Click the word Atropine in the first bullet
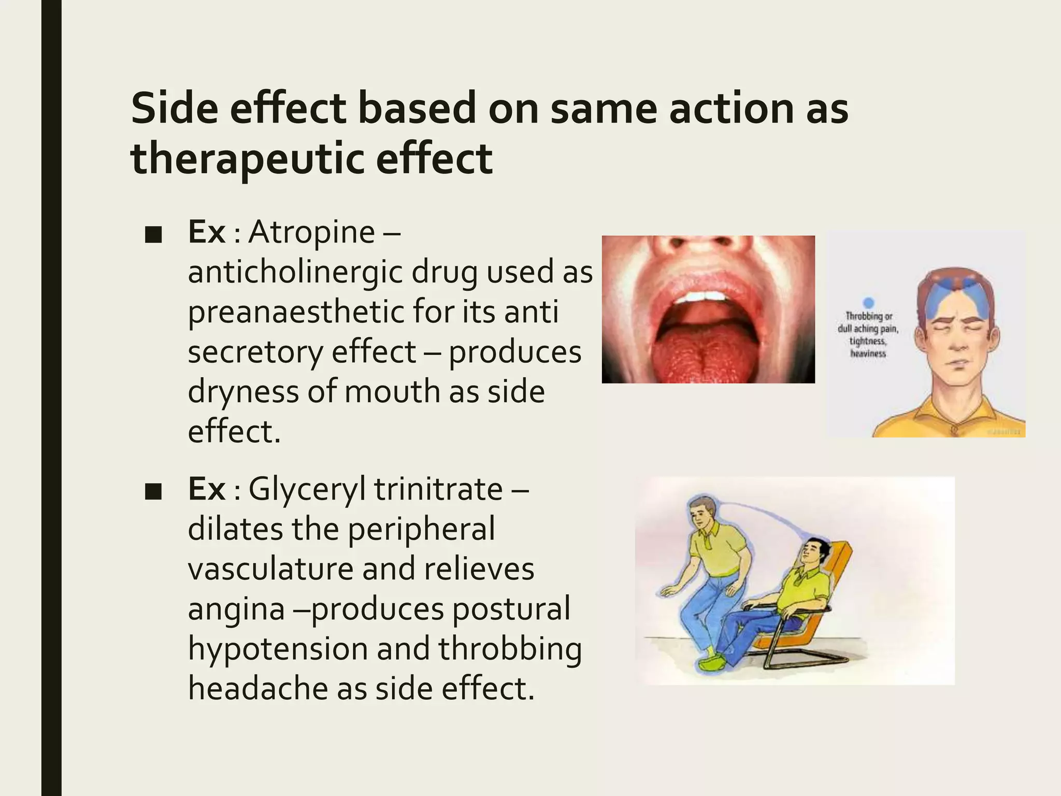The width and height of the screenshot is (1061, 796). (311, 232)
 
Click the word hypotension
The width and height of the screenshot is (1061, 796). (277, 649)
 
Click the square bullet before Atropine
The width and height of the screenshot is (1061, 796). (153, 236)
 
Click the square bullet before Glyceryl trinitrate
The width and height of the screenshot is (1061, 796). (153, 492)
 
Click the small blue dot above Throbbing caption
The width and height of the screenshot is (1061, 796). (869, 303)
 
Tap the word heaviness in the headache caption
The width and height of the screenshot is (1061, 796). (868, 353)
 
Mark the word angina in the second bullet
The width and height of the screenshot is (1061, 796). (236, 609)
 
